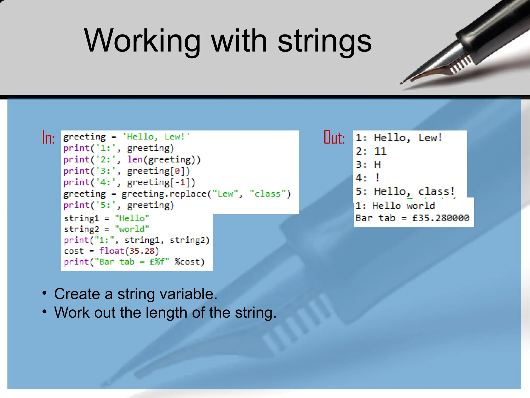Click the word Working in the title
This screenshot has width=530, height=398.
(142, 41)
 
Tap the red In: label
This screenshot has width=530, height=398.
(48, 137)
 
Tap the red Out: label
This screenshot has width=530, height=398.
(334, 137)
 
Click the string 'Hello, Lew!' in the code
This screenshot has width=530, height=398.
(156, 137)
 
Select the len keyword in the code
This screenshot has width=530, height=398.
(135, 159)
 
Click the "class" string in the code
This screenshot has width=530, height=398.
(268, 194)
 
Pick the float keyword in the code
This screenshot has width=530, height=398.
(112, 251)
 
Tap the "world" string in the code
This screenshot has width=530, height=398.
(132, 229)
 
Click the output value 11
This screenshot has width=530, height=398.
(380, 151)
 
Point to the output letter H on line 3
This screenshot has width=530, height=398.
(377, 165)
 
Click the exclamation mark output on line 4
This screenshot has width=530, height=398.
(378, 178)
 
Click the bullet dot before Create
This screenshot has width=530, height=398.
(45, 293)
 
